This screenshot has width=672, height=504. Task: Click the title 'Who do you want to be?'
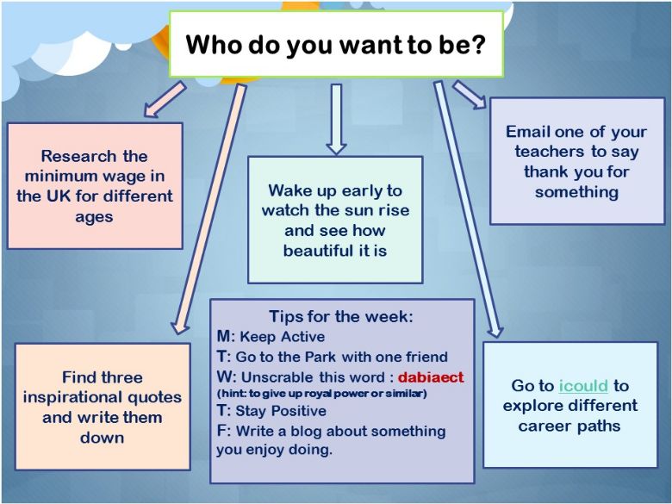pyautogui.click(x=336, y=45)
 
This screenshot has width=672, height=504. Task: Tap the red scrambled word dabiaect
pyautogui.click(x=431, y=377)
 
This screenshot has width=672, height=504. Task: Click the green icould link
pyautogui.click(x=583, y=386)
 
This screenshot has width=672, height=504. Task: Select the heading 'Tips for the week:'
pyautogui.click(x=341, y=316)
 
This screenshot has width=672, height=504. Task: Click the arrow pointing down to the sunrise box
pyautogui.click(x=336, y=119)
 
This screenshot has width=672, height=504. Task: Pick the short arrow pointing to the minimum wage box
pyautogui.click(x=165, y=99)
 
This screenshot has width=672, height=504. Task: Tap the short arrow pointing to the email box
pyautogui.click(x=470, y=95)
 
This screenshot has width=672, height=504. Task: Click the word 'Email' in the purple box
pyautogui.click(x=527, y=132)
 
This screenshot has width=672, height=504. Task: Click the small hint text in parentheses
pyautogui.click(x=322, y=394)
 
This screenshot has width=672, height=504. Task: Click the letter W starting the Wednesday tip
pyautogui.click(x=224, y=377)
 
